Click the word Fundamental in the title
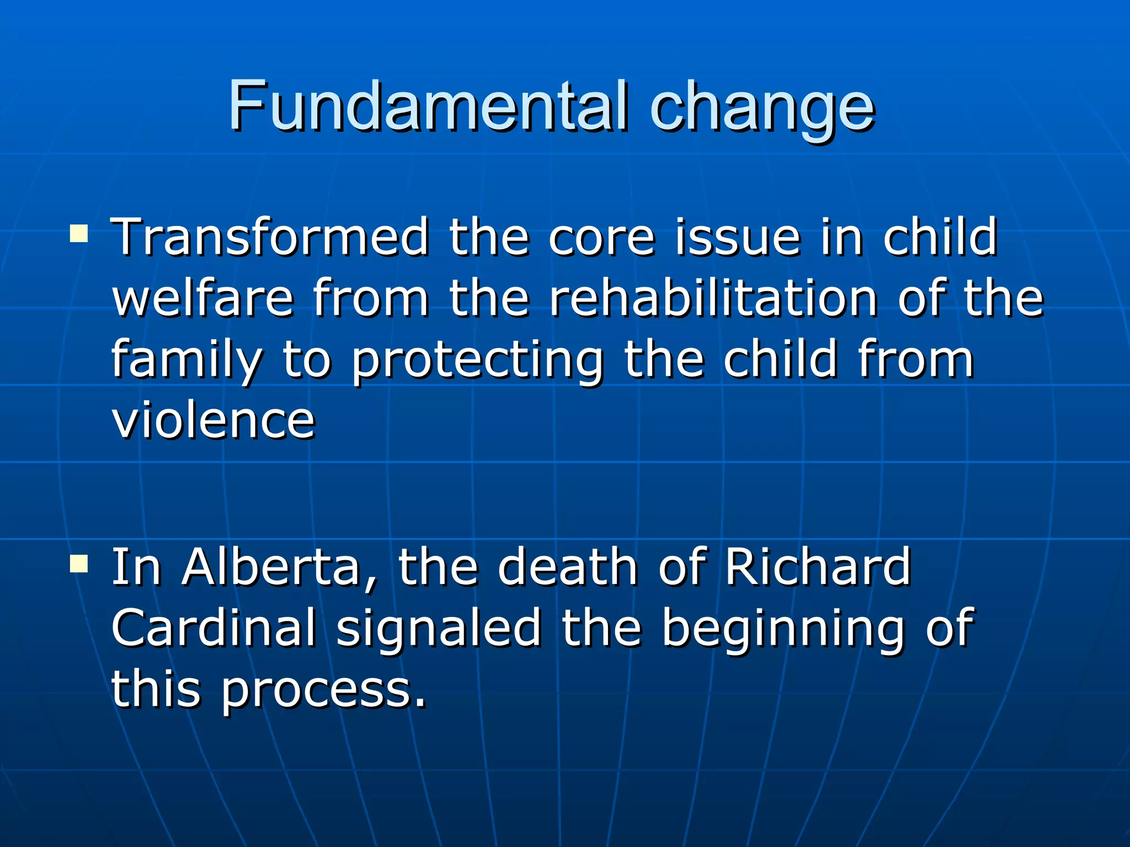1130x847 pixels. [x=428, y=106]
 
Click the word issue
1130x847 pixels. [x=738, y=237]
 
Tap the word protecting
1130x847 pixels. [x=477, y=361]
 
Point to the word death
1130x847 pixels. [x=568, y=568]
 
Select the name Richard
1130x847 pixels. [x=818, y=568]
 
